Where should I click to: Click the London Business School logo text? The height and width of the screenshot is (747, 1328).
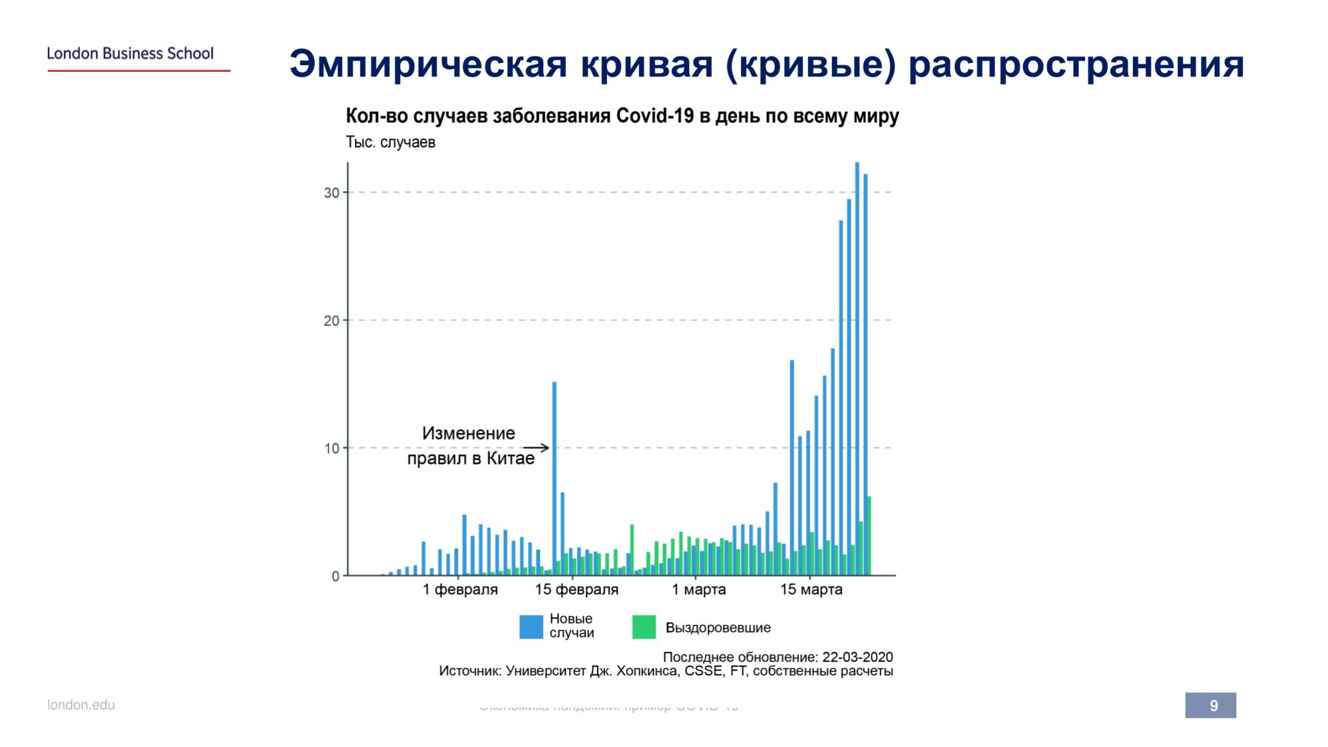tap(130, 54)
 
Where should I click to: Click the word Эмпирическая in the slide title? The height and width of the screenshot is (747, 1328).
tap(428, 64)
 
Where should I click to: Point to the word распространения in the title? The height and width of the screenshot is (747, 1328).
tap(1076, 64)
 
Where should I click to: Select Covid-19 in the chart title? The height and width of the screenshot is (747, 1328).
tap(655, 116)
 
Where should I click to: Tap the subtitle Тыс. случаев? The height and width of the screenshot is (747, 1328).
tap(390, 142)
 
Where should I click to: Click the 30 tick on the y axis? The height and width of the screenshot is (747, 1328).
tap(331, 193)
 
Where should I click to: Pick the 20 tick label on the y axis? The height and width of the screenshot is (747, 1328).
tap(331, 321)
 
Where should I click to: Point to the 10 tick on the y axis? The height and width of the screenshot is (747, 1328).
tap(331, 448)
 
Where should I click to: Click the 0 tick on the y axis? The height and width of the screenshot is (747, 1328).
tap(335, 576)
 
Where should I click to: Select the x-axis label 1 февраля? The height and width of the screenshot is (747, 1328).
tap(460, 590)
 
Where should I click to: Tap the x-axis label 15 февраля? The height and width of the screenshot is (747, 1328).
tap(576, 590)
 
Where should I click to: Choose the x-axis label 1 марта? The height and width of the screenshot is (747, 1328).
tap(699, 590)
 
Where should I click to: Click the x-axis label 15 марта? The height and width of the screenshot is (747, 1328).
tap(811, 590)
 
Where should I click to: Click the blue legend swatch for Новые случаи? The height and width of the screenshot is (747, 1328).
tap(531, 627)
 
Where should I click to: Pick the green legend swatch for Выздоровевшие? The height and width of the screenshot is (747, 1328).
tap(643, 627)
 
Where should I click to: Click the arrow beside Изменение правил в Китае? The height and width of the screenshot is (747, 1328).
tap(537, 448)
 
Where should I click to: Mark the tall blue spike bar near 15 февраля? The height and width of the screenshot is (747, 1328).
tap(554, 478)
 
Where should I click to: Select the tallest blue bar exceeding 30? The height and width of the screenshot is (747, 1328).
tap(857, 365)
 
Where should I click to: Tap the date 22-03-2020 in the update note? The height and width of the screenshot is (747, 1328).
tap(857, 657)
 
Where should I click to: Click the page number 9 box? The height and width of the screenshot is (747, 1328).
tap(1210, 705)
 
